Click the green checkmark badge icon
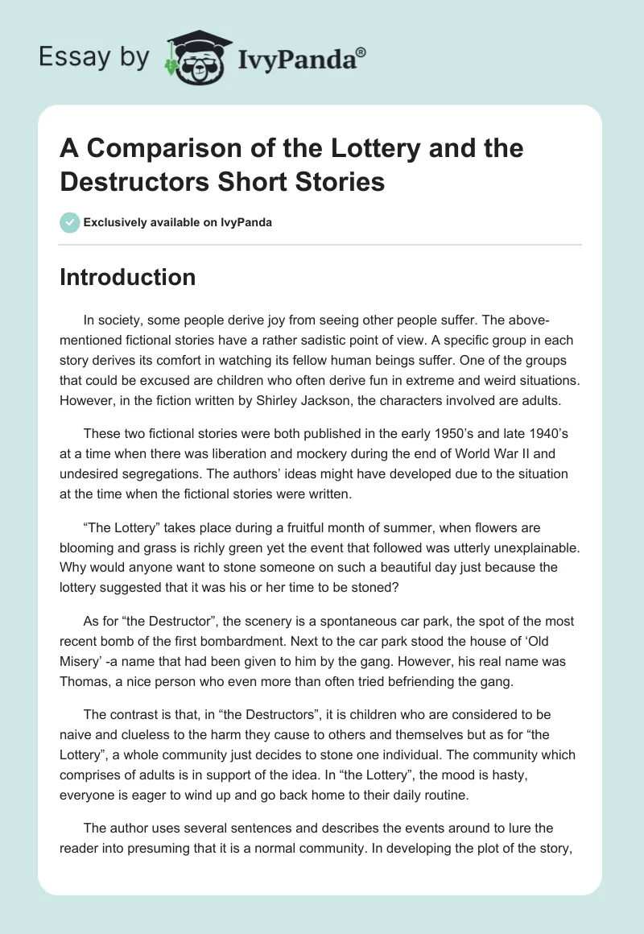(x=69, y=223)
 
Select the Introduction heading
(x=128, y=277)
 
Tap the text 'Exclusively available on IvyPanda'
(x=178, y=223)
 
